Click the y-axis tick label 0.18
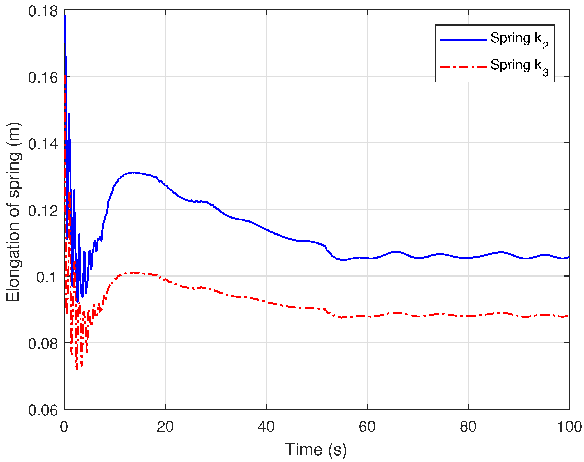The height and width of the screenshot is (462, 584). click(43, 12)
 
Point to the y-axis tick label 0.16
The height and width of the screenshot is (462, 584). click(43, 78)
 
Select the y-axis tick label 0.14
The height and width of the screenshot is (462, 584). click(43, 144)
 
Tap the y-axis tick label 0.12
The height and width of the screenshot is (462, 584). click(43, 211)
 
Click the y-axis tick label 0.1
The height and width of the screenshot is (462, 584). click(47, 277)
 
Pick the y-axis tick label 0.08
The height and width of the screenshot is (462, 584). click(43, 344)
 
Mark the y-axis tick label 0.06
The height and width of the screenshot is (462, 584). click(43, 410)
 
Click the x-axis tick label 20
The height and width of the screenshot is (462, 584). click(165, 427)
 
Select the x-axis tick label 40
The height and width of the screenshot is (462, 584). click(266, 427)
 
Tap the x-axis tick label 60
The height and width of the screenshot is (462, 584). click(367, 427)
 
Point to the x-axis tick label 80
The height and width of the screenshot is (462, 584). click(468, 427)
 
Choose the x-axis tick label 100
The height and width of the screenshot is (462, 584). click(569, 427)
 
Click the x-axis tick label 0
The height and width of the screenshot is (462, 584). click(64, 427)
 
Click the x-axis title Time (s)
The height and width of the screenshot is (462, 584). click(316, 450)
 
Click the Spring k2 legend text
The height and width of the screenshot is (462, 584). click(519, 40)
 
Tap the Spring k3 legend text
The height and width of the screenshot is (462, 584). click(519, 67)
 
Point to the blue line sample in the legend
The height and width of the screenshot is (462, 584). click(463, 40)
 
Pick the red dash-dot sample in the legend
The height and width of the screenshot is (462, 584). click(463, 67)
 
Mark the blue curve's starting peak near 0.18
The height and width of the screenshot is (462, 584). click(65, 16)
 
